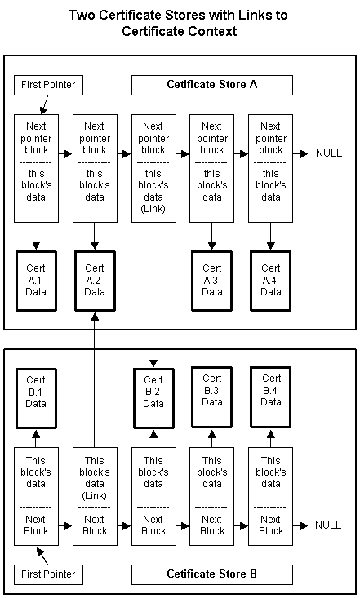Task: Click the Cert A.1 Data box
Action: [36, 281]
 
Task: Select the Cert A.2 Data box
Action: [95, 281]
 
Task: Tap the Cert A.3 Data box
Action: [212, 281]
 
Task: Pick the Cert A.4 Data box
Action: [271, 281]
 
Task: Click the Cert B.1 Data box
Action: [36, 398]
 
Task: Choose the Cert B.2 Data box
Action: [153, 398]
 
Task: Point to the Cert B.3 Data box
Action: [212, 397]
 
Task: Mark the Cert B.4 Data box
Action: [271, 397]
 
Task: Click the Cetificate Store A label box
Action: [212, 85]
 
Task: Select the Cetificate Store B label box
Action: [212, 574]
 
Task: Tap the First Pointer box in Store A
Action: [48, 85]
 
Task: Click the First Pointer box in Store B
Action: [48, 574]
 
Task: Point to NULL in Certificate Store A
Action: [329, 153]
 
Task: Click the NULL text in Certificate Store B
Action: [328, 525]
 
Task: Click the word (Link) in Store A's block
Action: [153, 209]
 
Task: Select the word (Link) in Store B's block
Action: [95, 496]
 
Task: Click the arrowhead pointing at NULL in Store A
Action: [304, 153]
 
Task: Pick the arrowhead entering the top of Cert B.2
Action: [153, 363]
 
